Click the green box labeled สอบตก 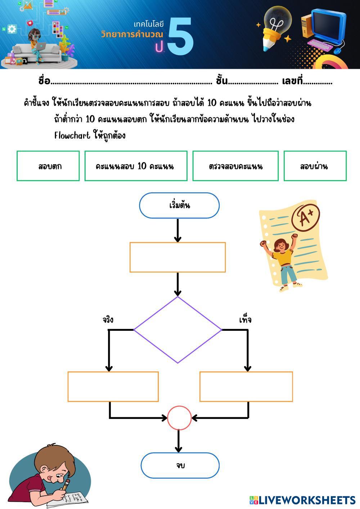[48, 166]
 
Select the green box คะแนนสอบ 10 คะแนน [136, 166]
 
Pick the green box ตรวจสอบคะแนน [235, 166]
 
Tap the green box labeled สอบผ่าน [315, 166]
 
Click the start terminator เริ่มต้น [179, 206]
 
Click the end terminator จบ [180, 465]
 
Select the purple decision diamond [178, 329]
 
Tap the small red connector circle [179, 418]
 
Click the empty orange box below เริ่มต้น [177, 257]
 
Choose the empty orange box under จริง [113, 387]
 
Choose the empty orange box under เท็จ [246, 387]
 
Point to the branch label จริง [108, 320]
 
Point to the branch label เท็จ [245, 320]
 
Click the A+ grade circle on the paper [305, 217]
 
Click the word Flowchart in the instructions [72, 135]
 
